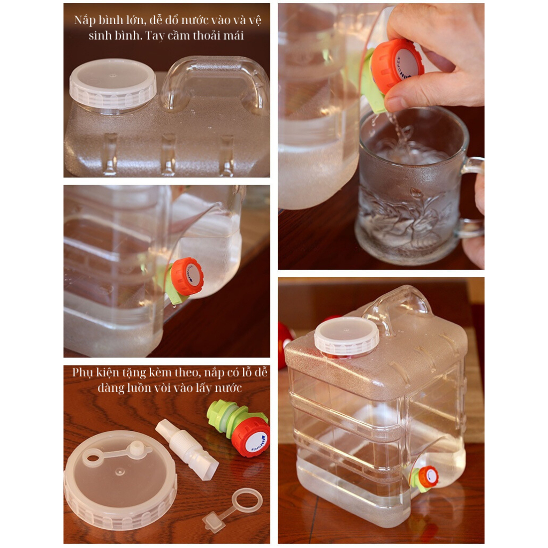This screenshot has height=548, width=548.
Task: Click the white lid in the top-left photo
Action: point(113,84)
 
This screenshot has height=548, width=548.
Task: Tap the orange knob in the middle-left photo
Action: point(187,276)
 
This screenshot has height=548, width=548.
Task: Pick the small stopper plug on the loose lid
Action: point(137,448)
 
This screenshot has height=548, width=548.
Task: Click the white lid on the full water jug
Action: point(346,336)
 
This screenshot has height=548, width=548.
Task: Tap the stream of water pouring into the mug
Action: point(398,131)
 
